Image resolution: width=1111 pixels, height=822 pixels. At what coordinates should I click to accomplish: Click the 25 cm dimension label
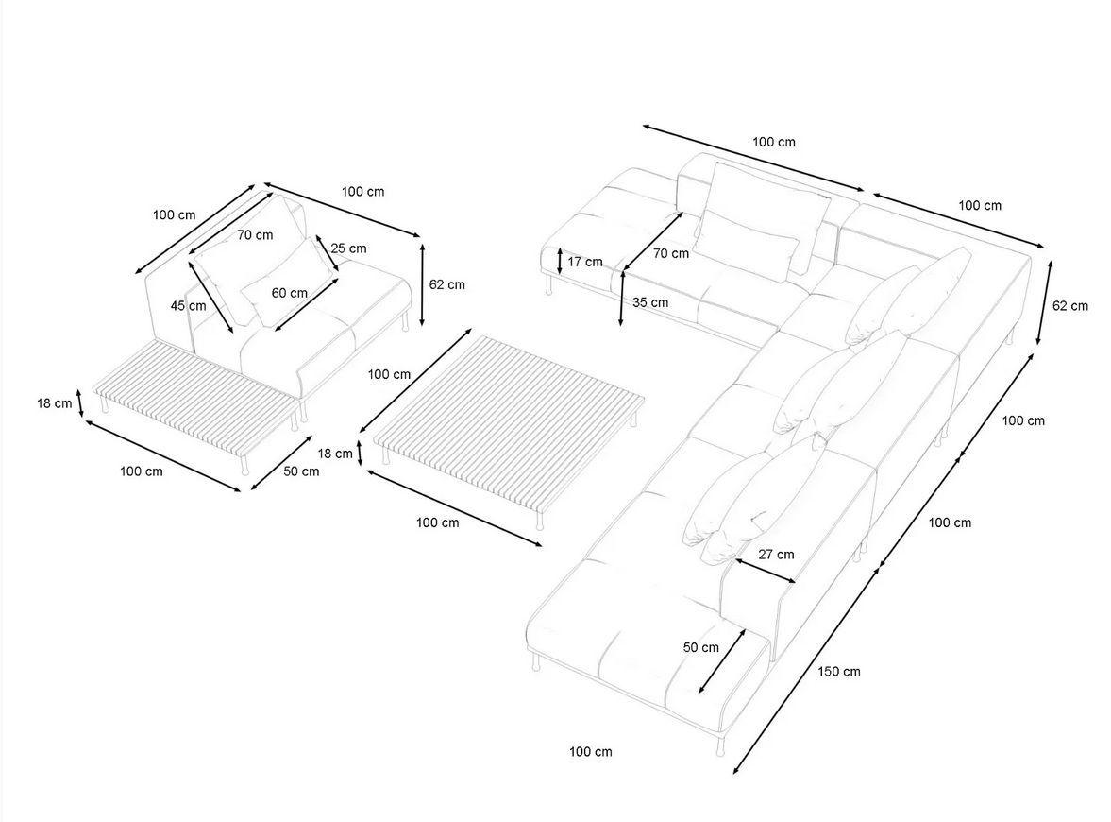click(348, 248)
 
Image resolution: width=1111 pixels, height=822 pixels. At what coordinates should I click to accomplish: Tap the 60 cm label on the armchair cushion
click(289, 293)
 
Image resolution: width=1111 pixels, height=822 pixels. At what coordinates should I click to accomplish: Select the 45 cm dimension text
click(189, 306)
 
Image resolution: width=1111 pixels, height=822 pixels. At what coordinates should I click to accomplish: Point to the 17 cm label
click(585, 262)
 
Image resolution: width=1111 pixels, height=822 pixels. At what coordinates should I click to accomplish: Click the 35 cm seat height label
click(650, 302)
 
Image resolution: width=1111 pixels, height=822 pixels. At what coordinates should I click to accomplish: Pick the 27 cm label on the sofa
click(777, 554)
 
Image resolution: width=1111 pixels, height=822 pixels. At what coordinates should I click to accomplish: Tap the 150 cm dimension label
click(839, 671)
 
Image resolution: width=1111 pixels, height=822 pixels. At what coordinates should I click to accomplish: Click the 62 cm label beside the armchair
click(447, 284)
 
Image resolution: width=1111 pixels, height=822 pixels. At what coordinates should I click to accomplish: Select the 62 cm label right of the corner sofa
click(1069, 306)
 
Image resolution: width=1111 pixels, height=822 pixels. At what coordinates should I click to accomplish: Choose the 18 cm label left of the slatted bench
click(55, 403)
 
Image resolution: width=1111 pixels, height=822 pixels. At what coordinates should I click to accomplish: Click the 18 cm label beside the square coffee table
click(335, 454)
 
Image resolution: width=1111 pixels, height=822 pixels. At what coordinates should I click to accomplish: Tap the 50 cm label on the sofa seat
click(700, 647)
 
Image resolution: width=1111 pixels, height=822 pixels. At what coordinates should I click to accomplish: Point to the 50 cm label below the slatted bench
click(301, 471)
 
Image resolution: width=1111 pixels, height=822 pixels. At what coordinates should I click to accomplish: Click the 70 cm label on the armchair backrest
click(255, 234)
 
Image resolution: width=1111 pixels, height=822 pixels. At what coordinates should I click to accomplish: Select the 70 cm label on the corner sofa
click(671, 253)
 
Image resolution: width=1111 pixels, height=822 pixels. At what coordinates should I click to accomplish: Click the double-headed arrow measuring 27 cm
click(766, 571)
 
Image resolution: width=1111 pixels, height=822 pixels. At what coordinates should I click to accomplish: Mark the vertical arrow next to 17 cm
click(560, 261)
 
